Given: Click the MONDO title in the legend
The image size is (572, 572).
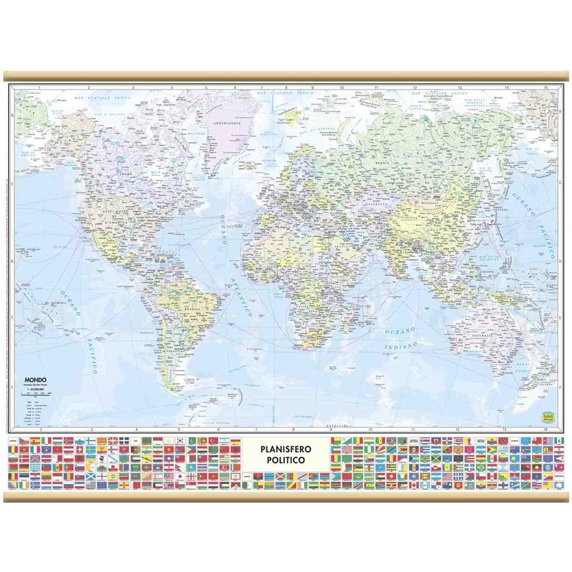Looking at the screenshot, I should pos(32,379).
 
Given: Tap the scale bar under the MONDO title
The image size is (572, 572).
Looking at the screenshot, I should pos(32,394).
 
